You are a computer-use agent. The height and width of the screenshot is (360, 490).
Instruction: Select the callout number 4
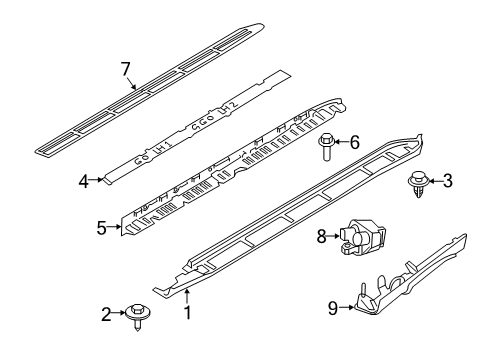(x=84, y=180)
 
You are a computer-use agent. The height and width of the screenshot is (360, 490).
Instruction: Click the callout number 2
(x=105, y=313)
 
